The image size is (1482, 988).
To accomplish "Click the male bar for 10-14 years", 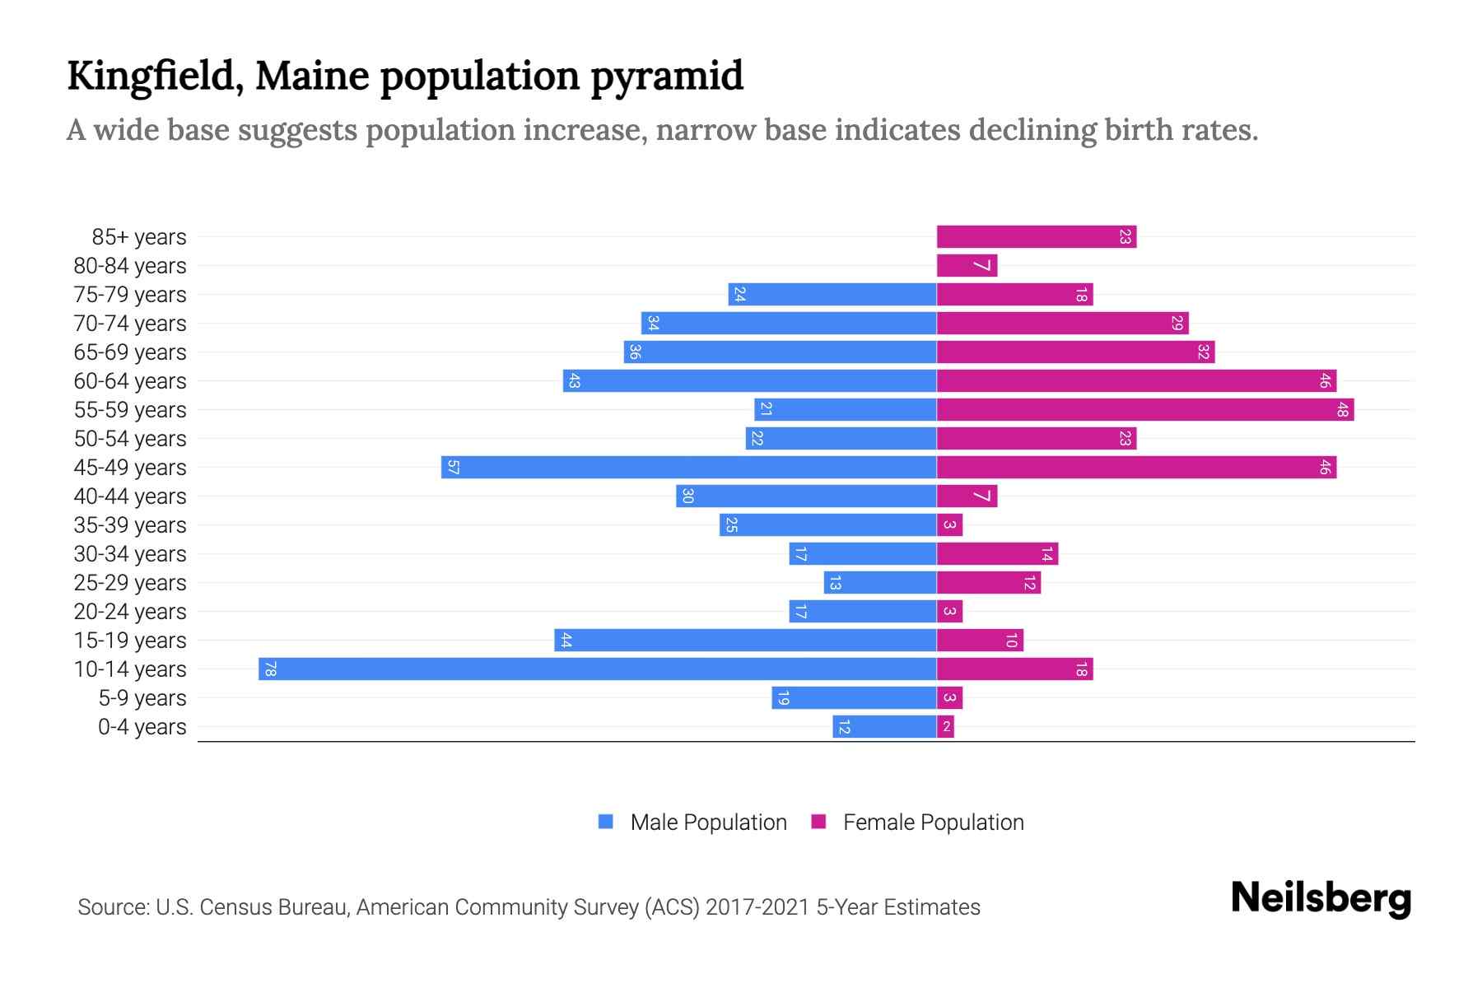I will point(598,669).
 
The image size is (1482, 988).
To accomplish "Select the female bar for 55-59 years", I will point(1144,409).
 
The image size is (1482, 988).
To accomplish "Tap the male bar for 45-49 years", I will point(689,467).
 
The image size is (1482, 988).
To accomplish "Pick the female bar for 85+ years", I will point(1036,236).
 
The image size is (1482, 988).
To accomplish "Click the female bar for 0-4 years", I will point(945,726).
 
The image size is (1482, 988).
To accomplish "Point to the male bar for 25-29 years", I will point(880,582).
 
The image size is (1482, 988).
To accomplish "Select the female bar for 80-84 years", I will point(967,265).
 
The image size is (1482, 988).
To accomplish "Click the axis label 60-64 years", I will point(130,381).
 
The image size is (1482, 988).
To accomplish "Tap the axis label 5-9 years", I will point(142,698).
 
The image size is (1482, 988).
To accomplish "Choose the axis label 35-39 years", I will point(130,525).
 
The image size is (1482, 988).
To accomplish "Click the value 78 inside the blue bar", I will point(270,669).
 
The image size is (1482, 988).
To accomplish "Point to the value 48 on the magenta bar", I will point(1342,409).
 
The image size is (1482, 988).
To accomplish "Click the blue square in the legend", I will point(606,822).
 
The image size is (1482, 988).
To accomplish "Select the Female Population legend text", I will point(933,822).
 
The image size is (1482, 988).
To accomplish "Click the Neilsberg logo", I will point(1321,898).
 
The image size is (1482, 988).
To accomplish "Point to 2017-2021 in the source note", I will point(757,907).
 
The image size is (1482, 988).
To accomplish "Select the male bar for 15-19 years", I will point(745,640).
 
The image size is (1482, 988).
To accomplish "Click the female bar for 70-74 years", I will point(1062,323).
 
